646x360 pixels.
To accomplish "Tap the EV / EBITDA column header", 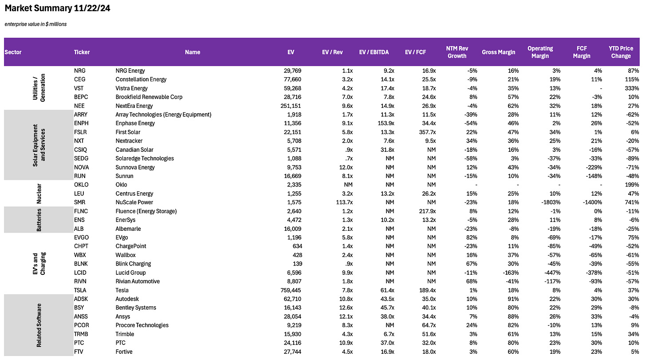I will coord(374,52).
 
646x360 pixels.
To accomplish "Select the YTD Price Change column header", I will coord(620,52).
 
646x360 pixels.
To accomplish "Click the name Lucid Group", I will coord(130,273).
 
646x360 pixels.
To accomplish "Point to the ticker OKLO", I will coord(81,185).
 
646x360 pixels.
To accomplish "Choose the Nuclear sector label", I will coord(39,194).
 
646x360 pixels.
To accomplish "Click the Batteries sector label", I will coord(39,220).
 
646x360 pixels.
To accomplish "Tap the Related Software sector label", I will coord(39,325).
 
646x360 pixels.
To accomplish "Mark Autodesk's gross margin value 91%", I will coord(512,299).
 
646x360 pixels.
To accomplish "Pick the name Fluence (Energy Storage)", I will coord(146,211).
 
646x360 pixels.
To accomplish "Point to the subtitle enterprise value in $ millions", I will coord(35,24).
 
